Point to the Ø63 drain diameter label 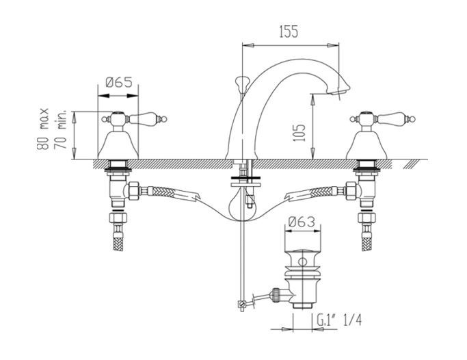302,221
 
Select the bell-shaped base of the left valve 120,144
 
